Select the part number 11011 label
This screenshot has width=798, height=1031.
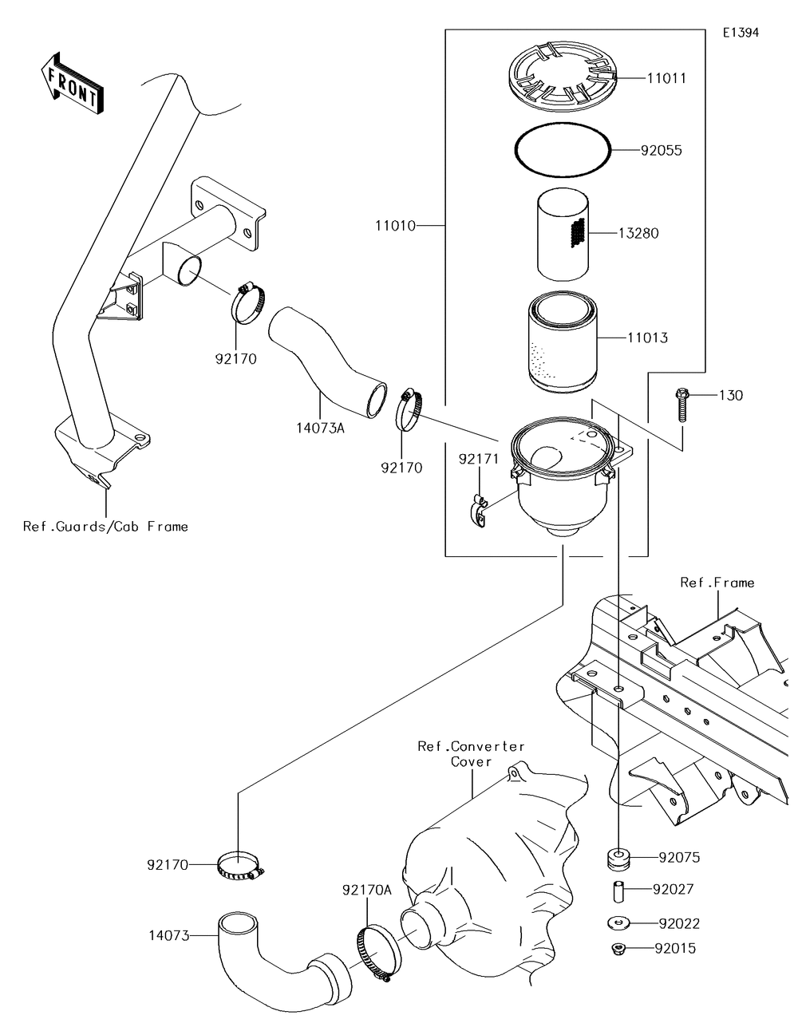click(x=666, y=78)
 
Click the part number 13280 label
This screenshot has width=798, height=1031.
click(x=638, y=233)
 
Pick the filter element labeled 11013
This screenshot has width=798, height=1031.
click(x=564, y=345)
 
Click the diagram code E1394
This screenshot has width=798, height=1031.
click(x=741, y=33)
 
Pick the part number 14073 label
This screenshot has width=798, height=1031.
click(x=168, y=934)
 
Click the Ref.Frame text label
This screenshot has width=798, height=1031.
click(x=717, y=583)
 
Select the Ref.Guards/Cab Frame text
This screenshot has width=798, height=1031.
click(x=106, y=526)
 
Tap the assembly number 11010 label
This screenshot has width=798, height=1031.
click(x=395, y=226)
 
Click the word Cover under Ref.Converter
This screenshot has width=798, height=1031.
click(x=471, y=761)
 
